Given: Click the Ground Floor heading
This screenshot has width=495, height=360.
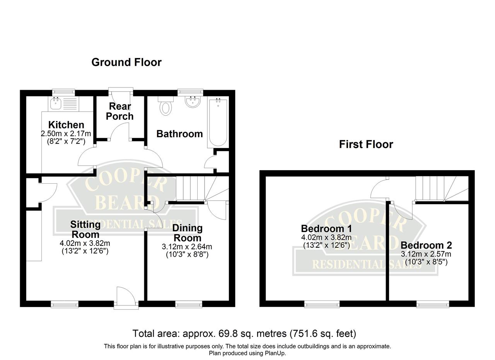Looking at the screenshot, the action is [126, 62].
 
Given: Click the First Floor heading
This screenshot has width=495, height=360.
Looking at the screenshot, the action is [366, 145].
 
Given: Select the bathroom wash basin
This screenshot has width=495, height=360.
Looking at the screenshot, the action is [193, 102].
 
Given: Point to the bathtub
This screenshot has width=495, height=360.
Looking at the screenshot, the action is [218, 123].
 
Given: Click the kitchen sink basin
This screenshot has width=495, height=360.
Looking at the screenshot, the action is [56, 103].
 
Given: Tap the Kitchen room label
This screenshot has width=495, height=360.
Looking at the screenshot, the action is [66, 125].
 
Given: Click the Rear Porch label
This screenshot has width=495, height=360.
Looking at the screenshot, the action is [120, 111].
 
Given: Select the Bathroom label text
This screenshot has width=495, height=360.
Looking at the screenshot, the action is [179, 134].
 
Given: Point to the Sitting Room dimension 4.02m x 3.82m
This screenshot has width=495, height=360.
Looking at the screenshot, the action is [85, 243].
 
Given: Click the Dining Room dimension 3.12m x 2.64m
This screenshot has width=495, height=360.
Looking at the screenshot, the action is [187, 247].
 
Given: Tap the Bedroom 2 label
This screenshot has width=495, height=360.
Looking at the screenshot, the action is [426, 245].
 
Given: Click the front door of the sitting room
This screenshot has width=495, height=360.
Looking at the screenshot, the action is [126, 297].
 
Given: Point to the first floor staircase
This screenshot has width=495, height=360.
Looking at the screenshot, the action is [442, 189].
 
